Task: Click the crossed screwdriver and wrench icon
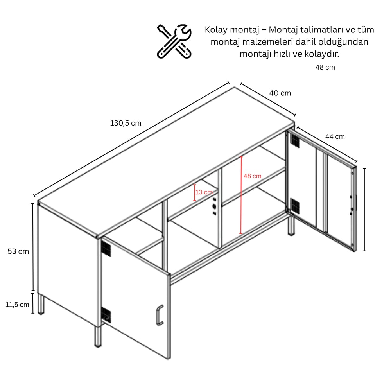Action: pos(174,41)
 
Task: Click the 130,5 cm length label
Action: pos(126,123)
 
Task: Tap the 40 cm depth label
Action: pos(280,93)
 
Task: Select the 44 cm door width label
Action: pos(335,136)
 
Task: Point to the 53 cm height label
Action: pos(18,251)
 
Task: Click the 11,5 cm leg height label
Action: pos(18,304)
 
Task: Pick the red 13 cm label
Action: pos(204,192)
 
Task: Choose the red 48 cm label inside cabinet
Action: pos(252,176)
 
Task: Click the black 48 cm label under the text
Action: pos(325,67)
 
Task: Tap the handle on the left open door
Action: pos(160,315)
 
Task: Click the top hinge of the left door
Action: pos(106,249)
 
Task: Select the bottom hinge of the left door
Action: pos(106,315)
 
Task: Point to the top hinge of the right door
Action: pos(295,140)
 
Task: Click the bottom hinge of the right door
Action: pos(295,206)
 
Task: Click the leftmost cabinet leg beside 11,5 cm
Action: pos(41,304)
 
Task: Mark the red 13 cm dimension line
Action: pos(195,192)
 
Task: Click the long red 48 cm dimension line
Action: pos(241,195)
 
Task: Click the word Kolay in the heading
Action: pos(216,30)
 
